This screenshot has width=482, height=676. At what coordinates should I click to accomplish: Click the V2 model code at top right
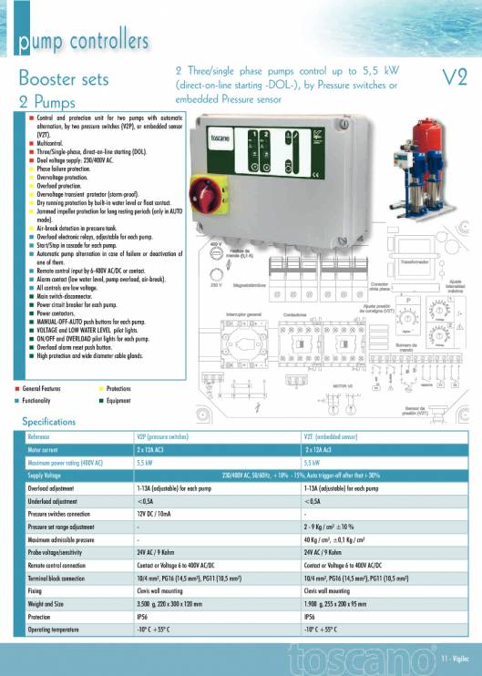(453, 78)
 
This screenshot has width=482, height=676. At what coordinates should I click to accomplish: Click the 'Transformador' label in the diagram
(417, 261)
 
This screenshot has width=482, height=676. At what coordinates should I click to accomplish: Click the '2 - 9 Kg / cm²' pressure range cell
(339, 527)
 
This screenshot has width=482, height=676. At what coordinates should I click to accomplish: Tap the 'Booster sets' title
(63, 78)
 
